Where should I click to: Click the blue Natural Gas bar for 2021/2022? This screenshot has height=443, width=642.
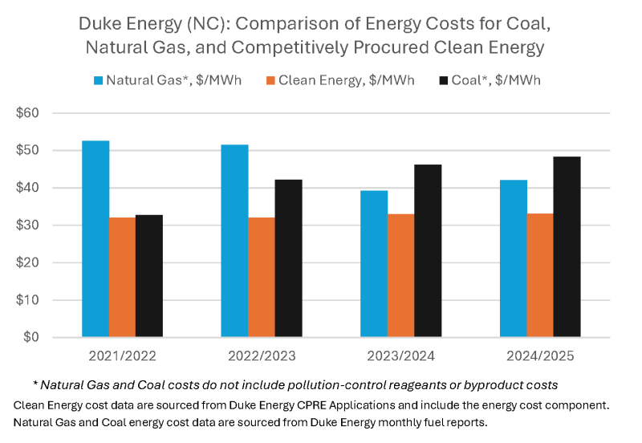point(95,238)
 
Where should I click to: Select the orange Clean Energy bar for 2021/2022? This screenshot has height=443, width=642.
point(123,277)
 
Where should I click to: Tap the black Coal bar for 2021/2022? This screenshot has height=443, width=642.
point(149,276)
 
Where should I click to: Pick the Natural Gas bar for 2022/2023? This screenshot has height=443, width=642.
point(234,241)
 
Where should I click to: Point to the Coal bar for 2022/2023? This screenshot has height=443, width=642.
point(289,258)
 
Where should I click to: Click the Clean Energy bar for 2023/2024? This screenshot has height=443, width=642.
point(400,275)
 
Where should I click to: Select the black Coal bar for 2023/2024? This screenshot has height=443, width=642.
point(428,250)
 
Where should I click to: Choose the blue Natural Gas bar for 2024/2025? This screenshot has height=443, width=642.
point(514,258)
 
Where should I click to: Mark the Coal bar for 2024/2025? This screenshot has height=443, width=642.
point(567,247)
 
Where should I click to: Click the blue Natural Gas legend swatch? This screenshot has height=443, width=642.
point(98,81)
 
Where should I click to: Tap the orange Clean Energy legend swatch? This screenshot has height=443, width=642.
point(270,81)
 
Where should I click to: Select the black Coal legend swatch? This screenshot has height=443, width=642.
point(444,81)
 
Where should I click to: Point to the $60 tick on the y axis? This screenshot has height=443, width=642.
point(27,113)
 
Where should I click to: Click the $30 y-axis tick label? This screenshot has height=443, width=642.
point(27,226)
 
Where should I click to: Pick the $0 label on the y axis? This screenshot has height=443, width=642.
point(31,337)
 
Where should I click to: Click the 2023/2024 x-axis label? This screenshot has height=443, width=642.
point(400,356)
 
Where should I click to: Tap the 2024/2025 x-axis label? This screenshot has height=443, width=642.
point(540,356)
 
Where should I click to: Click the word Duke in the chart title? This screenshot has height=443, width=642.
point(98,24)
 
